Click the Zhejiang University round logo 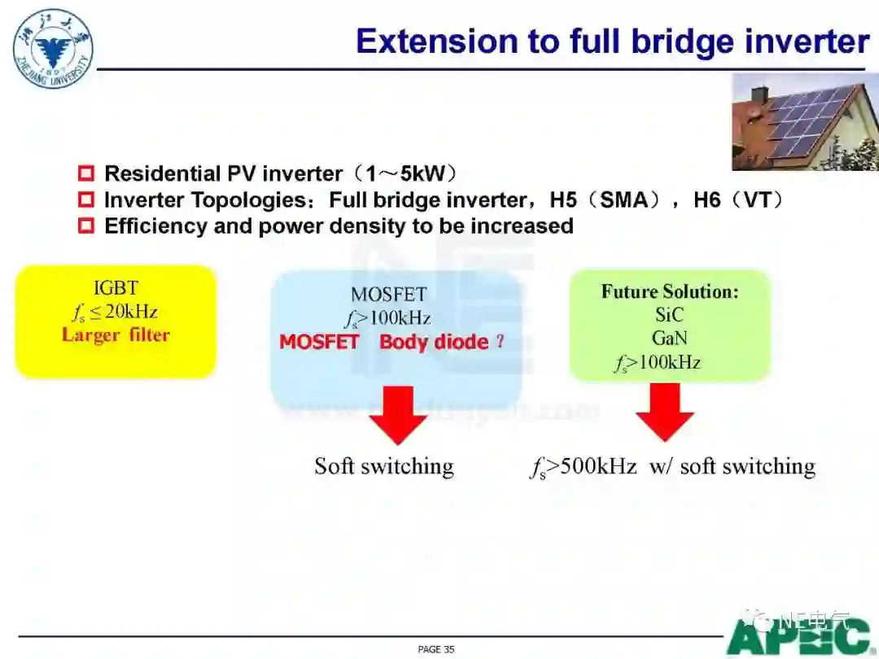click(x=53, y=48)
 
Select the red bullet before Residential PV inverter click(x=86, y=173)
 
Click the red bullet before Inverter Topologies click(x=86, y=199)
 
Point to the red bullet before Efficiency click(x=86, y=225)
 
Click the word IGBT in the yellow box click(x=116, y=287)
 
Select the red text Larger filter click(x=116, y=334)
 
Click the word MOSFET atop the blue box click(x=388, y=294)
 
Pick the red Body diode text click(x=434, y=342)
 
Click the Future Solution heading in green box click(x=670, y=291)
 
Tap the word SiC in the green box click(x=669, y=315)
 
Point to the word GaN click(x=669, y=338)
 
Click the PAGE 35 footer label click(x=435, y=649)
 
